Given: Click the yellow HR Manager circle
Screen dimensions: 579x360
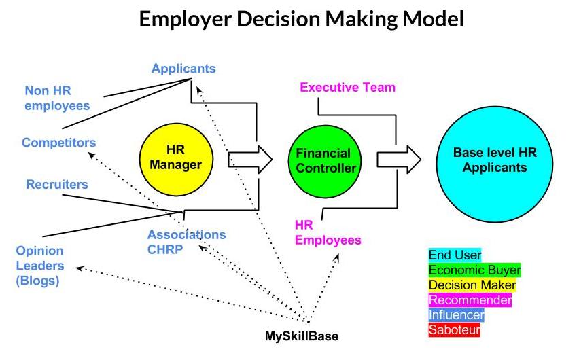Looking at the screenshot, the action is (x=176, y=159).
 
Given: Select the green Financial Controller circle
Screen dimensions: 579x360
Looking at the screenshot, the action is (x=325, y=161).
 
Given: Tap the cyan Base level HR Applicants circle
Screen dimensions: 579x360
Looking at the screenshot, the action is (x=495, y=164).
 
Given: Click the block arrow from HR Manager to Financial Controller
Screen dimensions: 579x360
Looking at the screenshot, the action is (x=250, y=160).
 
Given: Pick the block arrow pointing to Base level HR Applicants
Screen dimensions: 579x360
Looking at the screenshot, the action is (x=399, y=160).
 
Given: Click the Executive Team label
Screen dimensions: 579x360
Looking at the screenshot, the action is (x=347, y=87).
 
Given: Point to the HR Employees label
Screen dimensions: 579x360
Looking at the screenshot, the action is (x=328, y=232).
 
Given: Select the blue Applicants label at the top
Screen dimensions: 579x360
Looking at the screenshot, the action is (x=183, y=69).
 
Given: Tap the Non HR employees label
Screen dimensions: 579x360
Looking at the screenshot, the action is (x=57, y=98).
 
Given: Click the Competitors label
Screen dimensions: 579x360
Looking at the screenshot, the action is (x=58, y=143).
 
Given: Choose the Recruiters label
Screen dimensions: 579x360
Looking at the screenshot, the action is (x=57, y=184).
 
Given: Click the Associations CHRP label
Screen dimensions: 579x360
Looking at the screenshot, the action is (x=186, y=242).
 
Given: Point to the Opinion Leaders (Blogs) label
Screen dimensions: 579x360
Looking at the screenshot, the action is (x=40, y=266).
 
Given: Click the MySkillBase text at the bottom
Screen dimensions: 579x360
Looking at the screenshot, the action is (x=302, y=336).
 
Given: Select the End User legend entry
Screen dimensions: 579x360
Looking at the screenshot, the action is (x=455, y=255).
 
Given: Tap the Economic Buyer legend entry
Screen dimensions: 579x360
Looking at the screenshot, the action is (x=474, y=270).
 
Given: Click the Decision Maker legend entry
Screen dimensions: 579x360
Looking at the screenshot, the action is (x=472, y=285).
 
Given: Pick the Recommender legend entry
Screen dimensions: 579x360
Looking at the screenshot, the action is (x=470, y=300).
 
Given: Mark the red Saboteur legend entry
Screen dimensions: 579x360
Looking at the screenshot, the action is (x=454, y=329).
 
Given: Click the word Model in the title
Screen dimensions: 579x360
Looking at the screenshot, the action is (x=433, y=18).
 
